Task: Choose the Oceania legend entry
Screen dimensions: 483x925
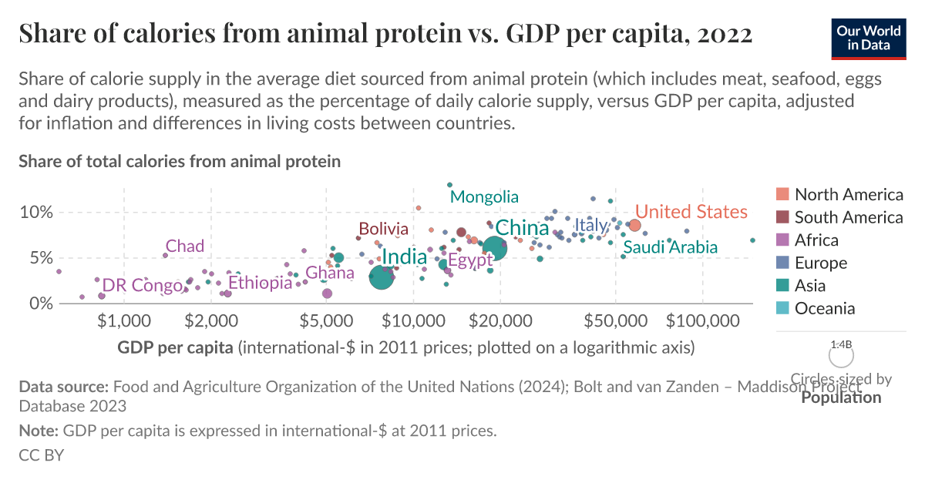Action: (825, 308)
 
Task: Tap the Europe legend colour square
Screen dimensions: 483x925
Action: (782, 263)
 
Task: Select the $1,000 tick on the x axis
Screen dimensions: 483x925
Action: (123, 320)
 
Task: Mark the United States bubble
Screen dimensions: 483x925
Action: (634, 225)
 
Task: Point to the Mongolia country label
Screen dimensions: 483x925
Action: (484, 197)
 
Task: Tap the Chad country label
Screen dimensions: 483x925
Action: (185, 247)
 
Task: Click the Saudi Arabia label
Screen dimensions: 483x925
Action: (670, 247)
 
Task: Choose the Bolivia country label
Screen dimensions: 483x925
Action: (383, 229)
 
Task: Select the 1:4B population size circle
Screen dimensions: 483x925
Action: (841, 355)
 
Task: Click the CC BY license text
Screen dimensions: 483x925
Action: (41, 454)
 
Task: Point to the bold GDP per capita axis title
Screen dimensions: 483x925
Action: (175, 347)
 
